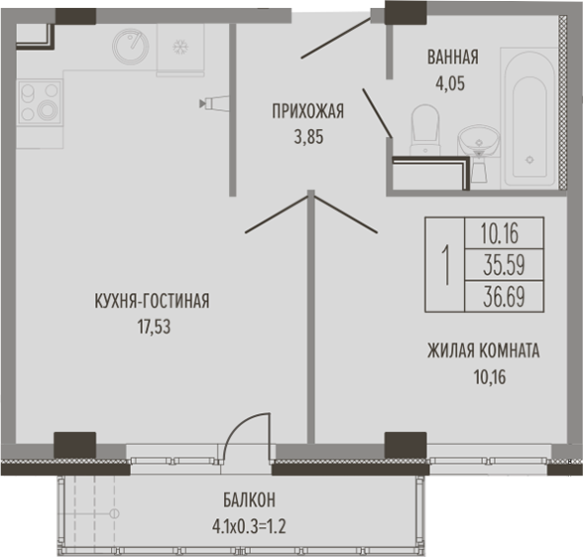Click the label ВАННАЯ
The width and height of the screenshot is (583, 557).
pyautogui.click(x=453, y=58)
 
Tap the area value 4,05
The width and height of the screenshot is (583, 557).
pyautogui.click(x=450, y=83)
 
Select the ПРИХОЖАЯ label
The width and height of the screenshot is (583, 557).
pyautogui.click(x=307, y=111)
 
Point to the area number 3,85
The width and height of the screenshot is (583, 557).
pyautogui.click(x=308, y=137)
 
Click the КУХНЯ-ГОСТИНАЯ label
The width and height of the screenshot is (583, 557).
pyautogui.click(x=152, y=301)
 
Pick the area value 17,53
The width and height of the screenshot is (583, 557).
pyautogui.click(x=154, y=327)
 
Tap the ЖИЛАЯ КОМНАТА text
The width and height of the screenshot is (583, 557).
pyautogui.click(x=484, y=350)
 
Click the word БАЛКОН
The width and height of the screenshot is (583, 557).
pyautogui.click(x=250, y=500)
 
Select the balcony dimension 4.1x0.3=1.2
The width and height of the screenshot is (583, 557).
pyautogui.click(x=249, y=526)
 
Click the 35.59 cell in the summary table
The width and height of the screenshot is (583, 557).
pyautogui.click(x=504, y=265)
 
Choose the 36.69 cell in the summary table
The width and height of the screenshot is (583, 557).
pyautogui.click(x=504, y=296)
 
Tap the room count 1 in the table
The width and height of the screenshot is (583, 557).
pyautogui.click(x=445, y=265)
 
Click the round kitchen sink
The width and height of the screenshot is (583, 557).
pyautogui.click(x=131, y=46)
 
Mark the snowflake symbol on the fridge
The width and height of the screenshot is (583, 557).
pyautogui.click(x=180, y=48)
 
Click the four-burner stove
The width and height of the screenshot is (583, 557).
pyautogui.click(x=39, y=102)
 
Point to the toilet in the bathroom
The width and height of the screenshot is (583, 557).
pyautogui.click(x=425, y=129)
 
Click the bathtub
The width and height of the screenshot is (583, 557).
pyautogui.click(x=529, y=118)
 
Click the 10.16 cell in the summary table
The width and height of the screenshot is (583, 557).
pyautogui.click(x=504, y=233)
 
